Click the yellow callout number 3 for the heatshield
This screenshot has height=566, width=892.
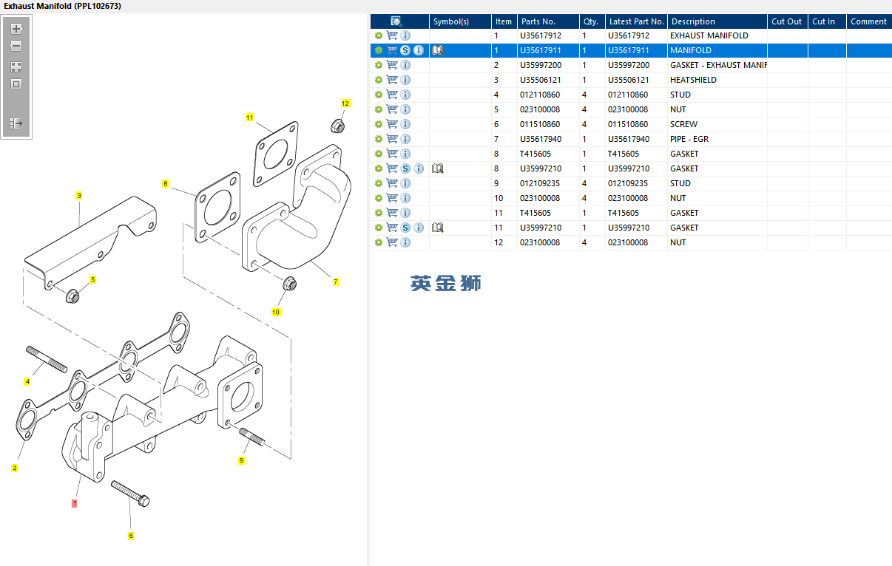click(x=78, y=196)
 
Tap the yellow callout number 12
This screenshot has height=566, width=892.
click(x=345, y=103)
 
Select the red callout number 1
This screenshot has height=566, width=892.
click(x=74, y=503)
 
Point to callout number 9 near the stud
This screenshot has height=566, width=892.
click(x=241, y=460)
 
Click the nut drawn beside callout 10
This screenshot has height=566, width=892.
click(x=290, y=284)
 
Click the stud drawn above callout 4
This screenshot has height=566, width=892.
click(x=47, y=358)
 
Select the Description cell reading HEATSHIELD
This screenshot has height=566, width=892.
click(x=693, y=80)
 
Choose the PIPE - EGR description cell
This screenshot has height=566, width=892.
click(x=689, y=139)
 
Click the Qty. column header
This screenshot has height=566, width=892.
click(x=591, y=21)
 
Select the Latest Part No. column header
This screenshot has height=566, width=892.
click(x=636, y=21)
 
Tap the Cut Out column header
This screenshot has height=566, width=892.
click(x=786, y=21)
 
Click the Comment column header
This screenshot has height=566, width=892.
click(x=868, y=21)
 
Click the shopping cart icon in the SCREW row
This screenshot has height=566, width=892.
click(x=392, y=124)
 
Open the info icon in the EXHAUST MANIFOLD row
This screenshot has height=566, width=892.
click(x=405, y=35)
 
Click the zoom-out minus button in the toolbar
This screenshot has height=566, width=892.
click(x=16, y=46)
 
